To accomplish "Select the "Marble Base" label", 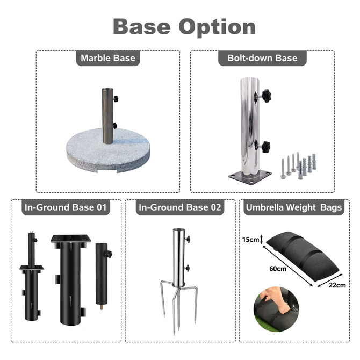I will [x=108, y=58].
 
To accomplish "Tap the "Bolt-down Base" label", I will [x=262, y=58].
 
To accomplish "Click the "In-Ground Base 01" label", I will [x=65, y=207].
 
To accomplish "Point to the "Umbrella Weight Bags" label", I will [x=293, y=207].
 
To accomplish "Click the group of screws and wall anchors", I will [x=298, y=165].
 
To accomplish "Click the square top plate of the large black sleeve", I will [x=71, y=239].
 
